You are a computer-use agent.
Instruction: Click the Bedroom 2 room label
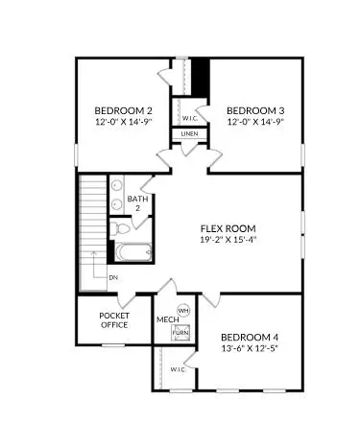pos(120,109)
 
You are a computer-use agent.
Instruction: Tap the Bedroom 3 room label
pos(255,109)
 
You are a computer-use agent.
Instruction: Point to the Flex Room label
pos(228,228)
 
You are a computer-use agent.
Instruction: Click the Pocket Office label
pos(114,319)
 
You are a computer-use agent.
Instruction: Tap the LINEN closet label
pos(189,133)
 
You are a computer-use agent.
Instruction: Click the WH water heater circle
pos(184,311)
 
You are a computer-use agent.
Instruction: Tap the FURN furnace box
pos(180,332)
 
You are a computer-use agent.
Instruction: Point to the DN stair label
pos(113,277)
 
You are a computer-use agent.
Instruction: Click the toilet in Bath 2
pos(120,228)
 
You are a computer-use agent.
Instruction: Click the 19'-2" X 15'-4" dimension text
pos(228,240)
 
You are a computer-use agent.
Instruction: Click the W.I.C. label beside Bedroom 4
pos(178,368)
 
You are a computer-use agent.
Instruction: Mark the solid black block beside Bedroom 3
pos(201,75)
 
